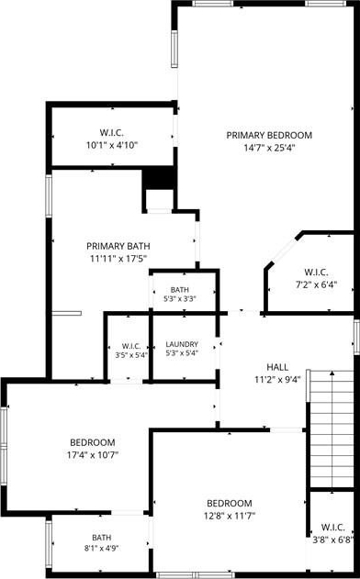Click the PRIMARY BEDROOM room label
[x=269, y=135]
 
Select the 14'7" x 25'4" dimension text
[x=269, y=148]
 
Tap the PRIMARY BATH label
[x=118, y=246]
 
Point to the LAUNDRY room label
[x=182, y=344]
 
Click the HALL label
[x=277, y=367]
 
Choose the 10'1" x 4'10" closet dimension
[x=112, y=145]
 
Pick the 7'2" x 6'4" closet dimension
[x=317, y=284]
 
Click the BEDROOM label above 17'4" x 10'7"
[x=93, y=442]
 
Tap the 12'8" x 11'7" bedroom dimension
[x=230, y=516]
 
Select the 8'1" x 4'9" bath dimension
[x=101, y=549]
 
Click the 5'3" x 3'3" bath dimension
[x=180, y=299]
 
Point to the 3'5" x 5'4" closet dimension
[x=130, y=356]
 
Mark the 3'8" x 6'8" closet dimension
[x=333, y=540]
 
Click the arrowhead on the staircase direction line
[x=332, y=373]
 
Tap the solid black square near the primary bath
[x=158, y=178]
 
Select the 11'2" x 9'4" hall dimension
[x=277, y=380]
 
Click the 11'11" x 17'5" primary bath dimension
[x=118, y=259]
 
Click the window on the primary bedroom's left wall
[x=174, y=49]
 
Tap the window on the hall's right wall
[x=356, y=337]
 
